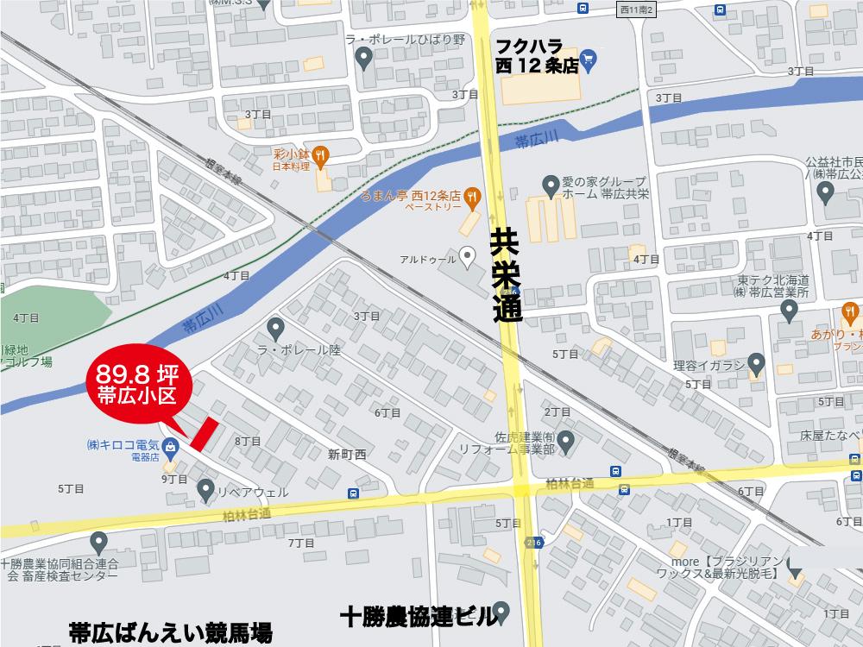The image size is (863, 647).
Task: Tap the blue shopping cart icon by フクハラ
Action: click(589, 59)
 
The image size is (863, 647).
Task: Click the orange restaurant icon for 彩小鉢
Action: click(320, 154)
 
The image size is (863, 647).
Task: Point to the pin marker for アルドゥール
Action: click(467, 255)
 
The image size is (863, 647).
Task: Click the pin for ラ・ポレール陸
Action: click(276, 328)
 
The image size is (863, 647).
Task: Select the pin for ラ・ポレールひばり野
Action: click(364, 59)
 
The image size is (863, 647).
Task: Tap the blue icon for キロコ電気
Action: click(169, 447)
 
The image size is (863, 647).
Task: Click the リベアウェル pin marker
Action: click(206, 490)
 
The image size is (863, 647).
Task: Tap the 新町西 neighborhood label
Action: click(347, 454)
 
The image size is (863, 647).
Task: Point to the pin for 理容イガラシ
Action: click(757, 363)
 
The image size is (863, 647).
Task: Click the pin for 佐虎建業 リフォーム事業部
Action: click(566, 443)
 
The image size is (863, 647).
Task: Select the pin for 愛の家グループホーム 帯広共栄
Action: click(549, 184)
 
